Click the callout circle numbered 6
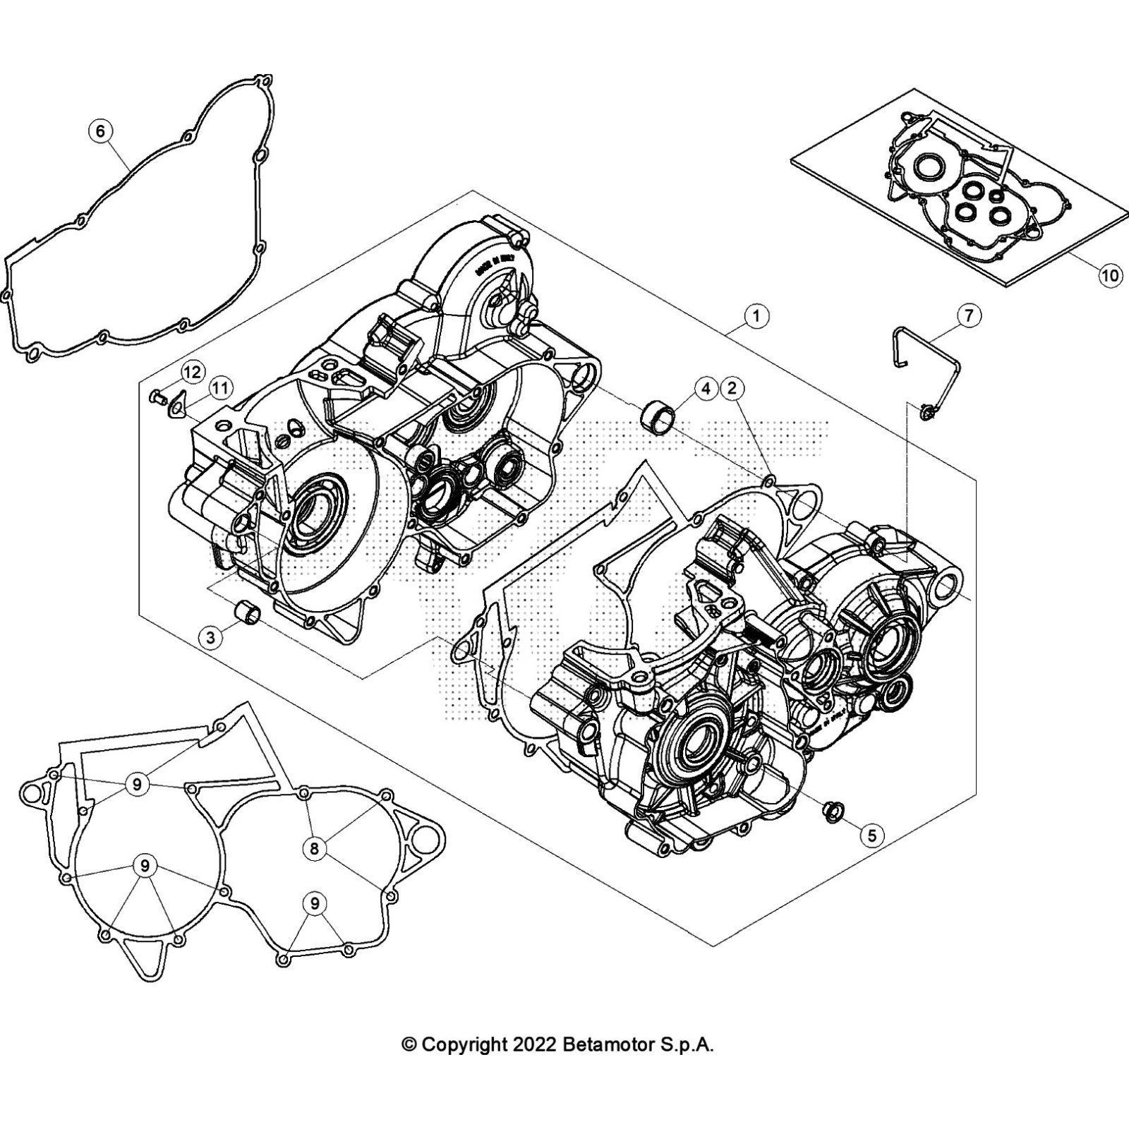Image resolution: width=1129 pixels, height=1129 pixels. (100, 131)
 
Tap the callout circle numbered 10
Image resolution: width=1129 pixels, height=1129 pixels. (1110, 274)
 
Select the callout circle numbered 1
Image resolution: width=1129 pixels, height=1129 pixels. (756, 315)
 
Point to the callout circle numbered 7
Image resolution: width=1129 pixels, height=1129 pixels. (969, 315)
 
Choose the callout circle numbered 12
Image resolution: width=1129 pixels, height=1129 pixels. (192, 372)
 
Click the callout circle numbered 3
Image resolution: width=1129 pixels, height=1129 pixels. (210, 638)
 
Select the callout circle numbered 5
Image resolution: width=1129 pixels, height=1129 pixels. (872, 835)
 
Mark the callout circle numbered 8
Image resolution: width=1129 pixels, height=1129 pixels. (315, 847)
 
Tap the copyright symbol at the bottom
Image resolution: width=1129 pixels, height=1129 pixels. (409, 1045)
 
